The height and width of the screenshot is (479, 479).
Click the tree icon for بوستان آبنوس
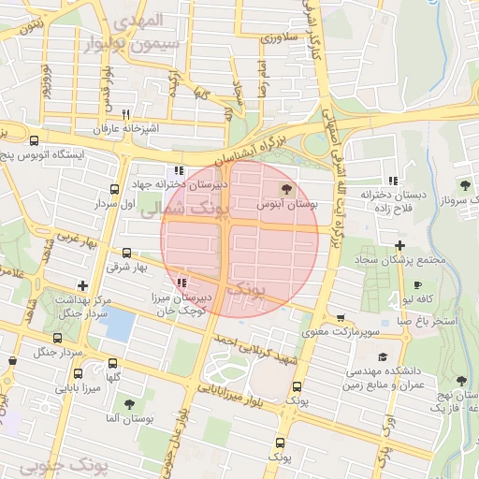point(286,190)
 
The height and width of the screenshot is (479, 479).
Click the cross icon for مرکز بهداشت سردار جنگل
point(83,285)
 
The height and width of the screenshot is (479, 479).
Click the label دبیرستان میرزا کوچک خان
point(181,302)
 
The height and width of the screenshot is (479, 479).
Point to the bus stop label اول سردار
point(115,202)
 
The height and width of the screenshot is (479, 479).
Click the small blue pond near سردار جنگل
point(120,324)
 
